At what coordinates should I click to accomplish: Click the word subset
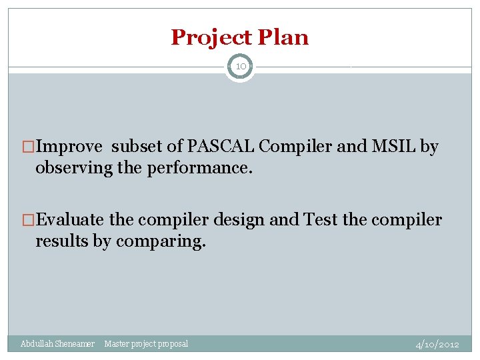(137, 147)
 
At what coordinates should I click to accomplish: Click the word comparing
(160, 241)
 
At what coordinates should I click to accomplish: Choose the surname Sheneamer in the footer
(75, 343)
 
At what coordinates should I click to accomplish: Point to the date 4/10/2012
(437, 344)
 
